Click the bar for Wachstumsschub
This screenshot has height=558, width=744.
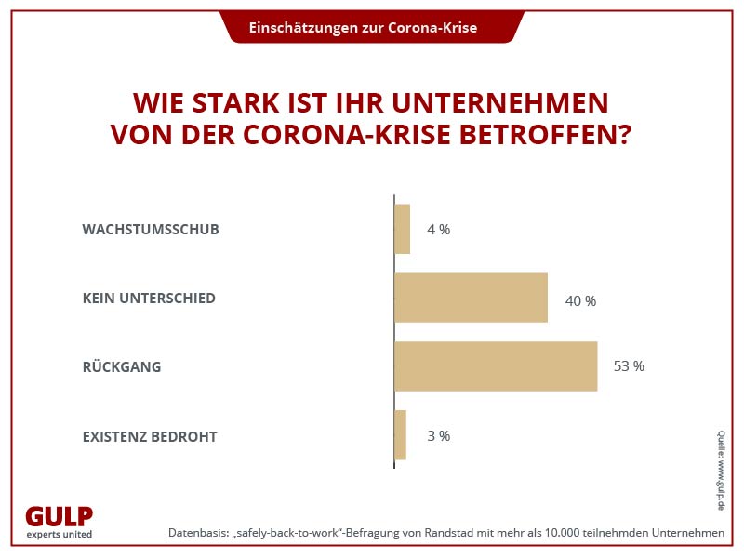point(402,229)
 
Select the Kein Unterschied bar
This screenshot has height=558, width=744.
point(471,298)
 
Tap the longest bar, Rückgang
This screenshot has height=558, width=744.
point(496,365)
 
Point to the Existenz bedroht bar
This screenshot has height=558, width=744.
point(401,435)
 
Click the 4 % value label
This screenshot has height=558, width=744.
point(438,230)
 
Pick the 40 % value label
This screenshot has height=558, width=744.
point(580,301)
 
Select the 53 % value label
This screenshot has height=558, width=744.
point(629,366)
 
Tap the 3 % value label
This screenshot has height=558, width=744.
point(438,435)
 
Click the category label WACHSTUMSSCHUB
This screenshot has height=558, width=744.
point(151,229)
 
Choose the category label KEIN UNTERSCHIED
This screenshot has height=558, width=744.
point(149,299)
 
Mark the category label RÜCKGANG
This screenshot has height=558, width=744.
point(122,366)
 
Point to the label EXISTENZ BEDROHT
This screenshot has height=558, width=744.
point(150,435)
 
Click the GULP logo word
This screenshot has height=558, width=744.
point(59,517)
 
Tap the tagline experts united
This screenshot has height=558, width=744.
point(59,535)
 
